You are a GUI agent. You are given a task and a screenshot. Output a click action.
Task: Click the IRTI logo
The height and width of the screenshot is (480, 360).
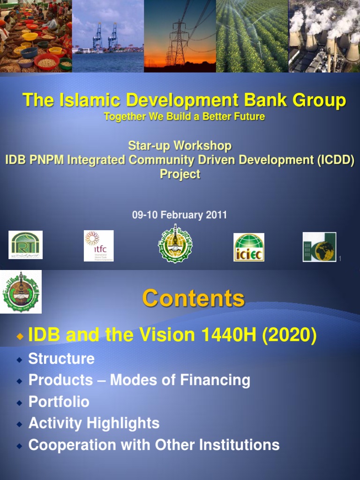point(26,245)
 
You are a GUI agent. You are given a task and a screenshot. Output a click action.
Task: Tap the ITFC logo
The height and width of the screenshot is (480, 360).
point(98,246)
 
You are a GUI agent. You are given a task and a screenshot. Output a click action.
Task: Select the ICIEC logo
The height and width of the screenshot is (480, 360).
point(249,247)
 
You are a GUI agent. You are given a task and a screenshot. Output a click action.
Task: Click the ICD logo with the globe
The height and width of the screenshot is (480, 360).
point(319,247)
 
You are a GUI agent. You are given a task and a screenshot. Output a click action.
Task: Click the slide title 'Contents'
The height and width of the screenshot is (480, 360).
point(193,298)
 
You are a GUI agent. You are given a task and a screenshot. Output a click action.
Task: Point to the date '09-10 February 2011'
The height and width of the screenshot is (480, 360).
point(180,215)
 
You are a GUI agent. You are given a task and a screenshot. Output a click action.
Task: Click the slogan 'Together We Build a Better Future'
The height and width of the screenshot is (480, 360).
point(184,117)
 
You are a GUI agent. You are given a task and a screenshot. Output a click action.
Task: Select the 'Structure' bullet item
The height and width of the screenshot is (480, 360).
point(61,359)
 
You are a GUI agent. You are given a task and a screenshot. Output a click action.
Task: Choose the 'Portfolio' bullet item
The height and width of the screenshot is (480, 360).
point(59,402)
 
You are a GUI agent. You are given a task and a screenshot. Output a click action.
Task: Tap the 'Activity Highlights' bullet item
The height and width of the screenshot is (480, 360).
point(94,423)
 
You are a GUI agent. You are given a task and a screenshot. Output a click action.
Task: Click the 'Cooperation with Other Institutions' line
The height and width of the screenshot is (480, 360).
point(154,445)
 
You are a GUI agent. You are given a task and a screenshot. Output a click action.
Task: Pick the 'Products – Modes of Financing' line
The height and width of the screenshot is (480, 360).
point(139,380)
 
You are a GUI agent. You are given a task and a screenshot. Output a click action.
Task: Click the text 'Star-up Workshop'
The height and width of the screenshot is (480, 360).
point(180,146)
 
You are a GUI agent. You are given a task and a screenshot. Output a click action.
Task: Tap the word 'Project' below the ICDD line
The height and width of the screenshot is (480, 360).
point(180,174)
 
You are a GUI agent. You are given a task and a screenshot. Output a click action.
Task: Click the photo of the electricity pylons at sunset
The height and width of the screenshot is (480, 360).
point(180,36)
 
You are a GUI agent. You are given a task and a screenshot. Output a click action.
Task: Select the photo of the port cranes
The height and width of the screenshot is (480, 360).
point(108,36)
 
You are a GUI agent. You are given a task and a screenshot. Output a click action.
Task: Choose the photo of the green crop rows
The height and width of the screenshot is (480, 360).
point(252,36)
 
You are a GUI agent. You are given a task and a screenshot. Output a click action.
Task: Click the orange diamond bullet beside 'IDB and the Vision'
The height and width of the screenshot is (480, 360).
point(19,336)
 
